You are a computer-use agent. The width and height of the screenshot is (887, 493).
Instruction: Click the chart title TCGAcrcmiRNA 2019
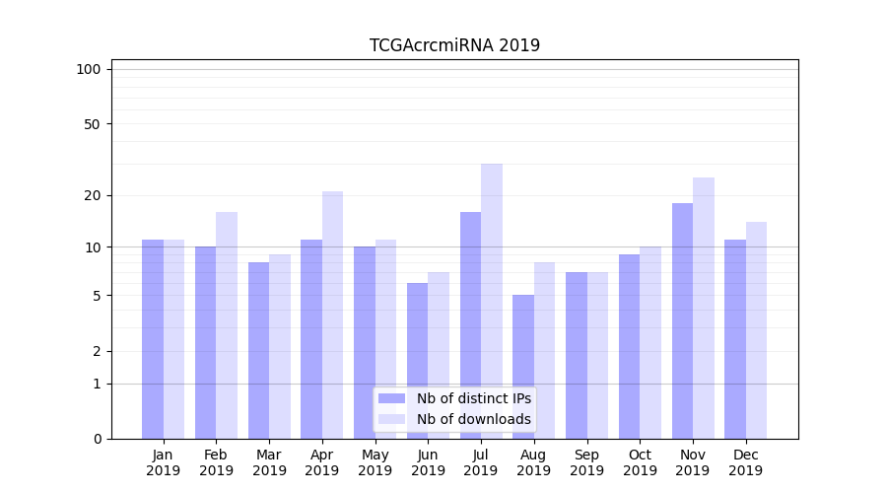(454, 45)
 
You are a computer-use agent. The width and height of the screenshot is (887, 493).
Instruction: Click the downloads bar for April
(332, 315)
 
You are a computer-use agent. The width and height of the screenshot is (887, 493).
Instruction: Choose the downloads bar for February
(227, 325)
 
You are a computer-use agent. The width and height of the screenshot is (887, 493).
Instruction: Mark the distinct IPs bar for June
(417, 361)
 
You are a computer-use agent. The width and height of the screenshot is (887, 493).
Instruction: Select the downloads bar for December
(756, 330)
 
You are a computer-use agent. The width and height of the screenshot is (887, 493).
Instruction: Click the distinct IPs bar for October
(629, 346)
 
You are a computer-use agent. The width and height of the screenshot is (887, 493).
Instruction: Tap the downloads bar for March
(279, 346)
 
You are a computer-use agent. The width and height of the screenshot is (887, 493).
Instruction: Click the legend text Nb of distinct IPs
(473, 398)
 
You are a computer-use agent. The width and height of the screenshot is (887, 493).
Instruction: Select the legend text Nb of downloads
(473, 419)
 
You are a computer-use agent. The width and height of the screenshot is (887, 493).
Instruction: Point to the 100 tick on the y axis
(89, 69)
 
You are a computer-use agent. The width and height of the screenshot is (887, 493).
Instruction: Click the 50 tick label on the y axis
(92, 124)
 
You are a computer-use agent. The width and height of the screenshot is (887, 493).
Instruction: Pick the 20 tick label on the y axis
(92, 195)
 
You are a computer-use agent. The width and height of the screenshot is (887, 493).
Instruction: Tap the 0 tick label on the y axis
(97, 439)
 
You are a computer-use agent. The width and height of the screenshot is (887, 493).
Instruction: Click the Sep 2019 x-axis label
(586, 462)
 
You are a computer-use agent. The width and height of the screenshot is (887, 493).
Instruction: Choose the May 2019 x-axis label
(375, 462)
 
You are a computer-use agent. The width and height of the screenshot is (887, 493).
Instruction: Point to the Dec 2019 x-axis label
(745, 462)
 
